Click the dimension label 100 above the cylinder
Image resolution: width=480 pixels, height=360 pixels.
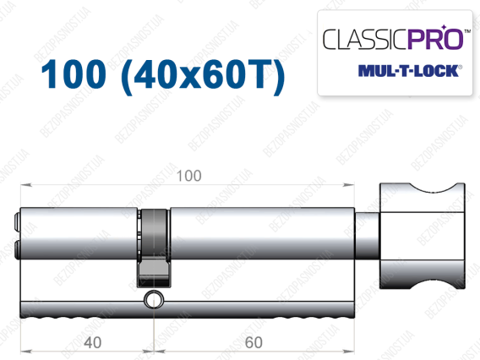point(189,176)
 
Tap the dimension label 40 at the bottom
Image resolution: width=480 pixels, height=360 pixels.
point(92,342)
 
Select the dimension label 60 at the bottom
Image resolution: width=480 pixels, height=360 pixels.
point(254,342)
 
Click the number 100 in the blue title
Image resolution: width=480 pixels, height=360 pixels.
point(74,74)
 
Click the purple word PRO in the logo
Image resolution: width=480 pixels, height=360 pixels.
point(434,39)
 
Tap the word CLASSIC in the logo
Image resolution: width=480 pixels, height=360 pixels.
point(365,40)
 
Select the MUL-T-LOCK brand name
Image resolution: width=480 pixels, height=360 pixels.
point(409,71)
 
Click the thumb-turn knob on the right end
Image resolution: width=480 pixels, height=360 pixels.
point(423,236)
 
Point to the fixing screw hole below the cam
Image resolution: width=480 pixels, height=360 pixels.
point(154,299)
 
